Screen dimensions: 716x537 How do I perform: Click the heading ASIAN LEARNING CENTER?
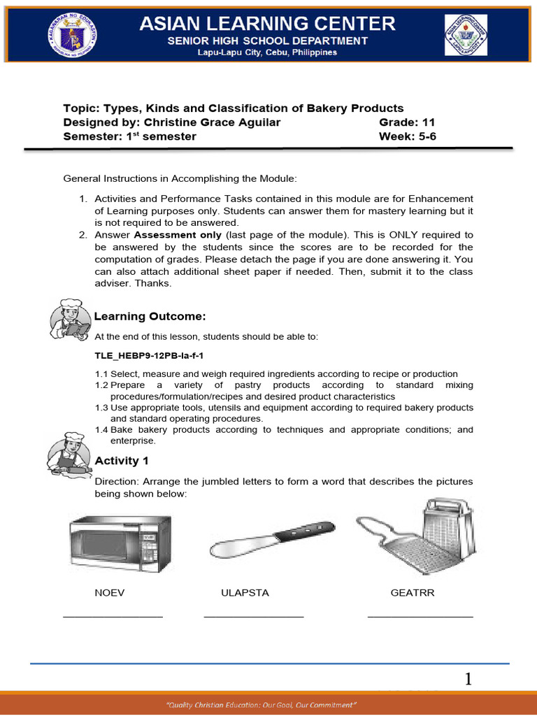(267, 24)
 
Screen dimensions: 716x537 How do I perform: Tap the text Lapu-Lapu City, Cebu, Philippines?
(267, 52)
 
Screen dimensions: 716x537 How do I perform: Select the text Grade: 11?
(407, 122)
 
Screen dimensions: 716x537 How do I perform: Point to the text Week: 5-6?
(407, 136)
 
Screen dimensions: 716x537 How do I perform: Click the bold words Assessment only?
(178, 235)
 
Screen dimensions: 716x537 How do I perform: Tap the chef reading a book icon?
(70, 318)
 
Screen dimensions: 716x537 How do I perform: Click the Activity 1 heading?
(122, 461)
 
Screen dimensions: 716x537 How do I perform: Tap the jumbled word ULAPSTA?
(245, 593)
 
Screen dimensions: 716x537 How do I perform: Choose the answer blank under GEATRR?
(420, 617)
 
